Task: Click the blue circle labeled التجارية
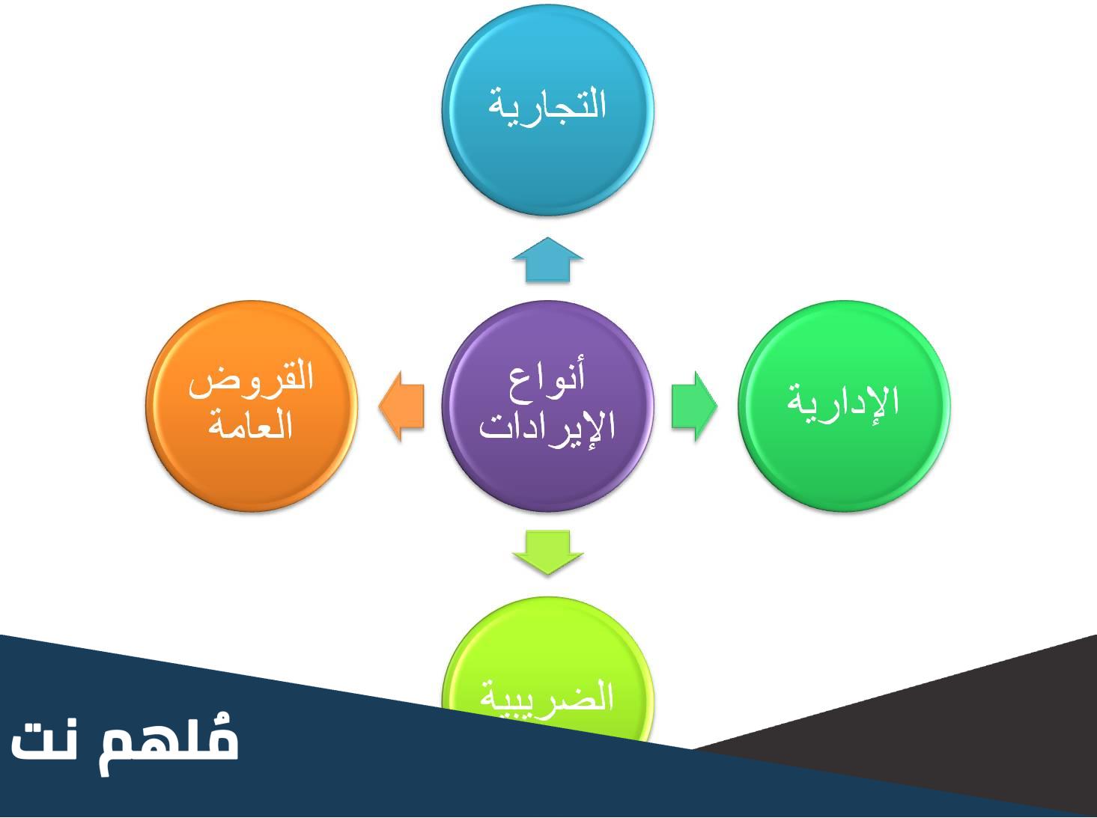547,110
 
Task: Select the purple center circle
547,406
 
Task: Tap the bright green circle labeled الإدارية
844,406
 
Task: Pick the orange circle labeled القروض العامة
252,406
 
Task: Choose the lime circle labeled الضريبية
547,669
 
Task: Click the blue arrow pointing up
547,260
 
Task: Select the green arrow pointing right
694,406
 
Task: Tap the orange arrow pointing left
401,406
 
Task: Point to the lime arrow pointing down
547,552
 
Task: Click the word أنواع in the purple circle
547,378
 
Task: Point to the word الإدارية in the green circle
844,404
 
